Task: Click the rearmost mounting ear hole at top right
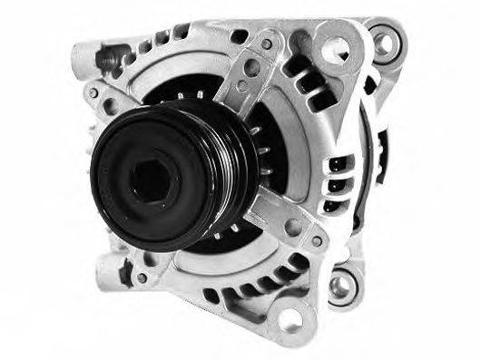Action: click(x=388, y=40)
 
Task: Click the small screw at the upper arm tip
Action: click(x=267, y=43)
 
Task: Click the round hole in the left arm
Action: click(x=109, y=106)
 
